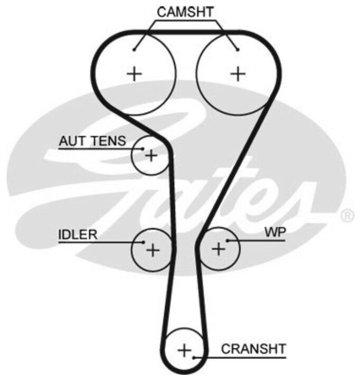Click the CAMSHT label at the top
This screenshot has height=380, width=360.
(186, 11)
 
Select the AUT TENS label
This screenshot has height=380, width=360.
(92, 141)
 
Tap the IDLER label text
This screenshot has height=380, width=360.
(78, 235)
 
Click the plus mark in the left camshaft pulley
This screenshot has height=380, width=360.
(135, 73)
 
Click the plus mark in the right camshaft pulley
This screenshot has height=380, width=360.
(239, 73)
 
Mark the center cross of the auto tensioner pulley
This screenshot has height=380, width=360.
(151, 156)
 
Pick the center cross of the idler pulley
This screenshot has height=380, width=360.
(152, 250)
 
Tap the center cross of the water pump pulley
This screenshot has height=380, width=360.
(219, 249)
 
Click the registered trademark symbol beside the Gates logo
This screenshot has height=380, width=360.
(347, 215)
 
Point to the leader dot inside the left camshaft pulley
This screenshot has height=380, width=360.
(135, 50)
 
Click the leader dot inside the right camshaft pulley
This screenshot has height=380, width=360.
(238, 50)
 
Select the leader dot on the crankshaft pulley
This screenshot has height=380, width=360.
(194, 357)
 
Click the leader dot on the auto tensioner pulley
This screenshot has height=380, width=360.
(143, 149)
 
